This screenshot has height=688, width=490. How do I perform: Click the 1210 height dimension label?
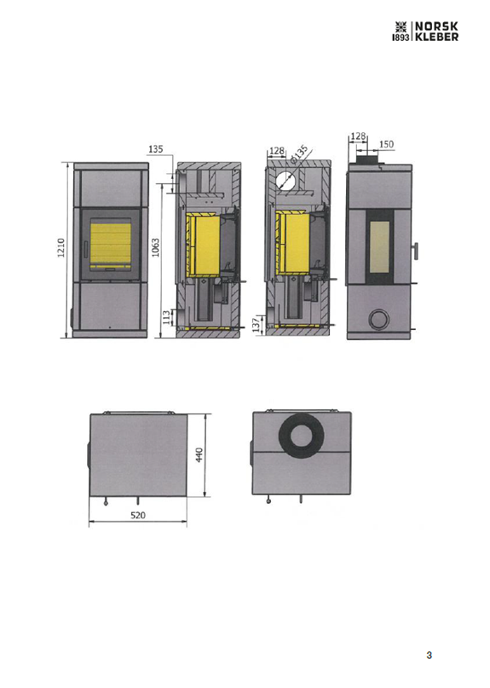click(61, 248)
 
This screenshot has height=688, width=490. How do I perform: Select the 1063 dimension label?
click(155, 248)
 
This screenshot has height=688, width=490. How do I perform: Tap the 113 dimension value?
click(166, 317)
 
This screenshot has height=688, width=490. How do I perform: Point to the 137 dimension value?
click(257, 325)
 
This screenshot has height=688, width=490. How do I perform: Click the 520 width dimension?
click(138, 515)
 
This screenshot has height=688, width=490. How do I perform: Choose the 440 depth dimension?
click(199, 454)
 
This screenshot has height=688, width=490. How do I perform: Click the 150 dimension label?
click(386, 144)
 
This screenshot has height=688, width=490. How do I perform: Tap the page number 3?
click(429, 655)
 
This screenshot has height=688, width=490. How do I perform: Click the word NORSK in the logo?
click(436, 26)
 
